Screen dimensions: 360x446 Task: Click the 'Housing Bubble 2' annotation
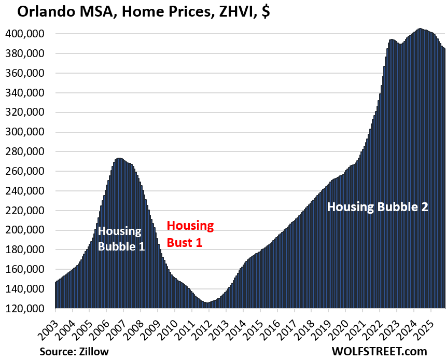(x=378, y=207)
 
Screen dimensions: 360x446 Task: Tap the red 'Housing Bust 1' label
(x=190, y=234)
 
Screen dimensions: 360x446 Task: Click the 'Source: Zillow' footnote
(x=74, y=351)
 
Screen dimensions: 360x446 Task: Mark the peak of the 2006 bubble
(x=119, y=159)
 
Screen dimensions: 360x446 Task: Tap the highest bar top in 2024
(x=420, y=29)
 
